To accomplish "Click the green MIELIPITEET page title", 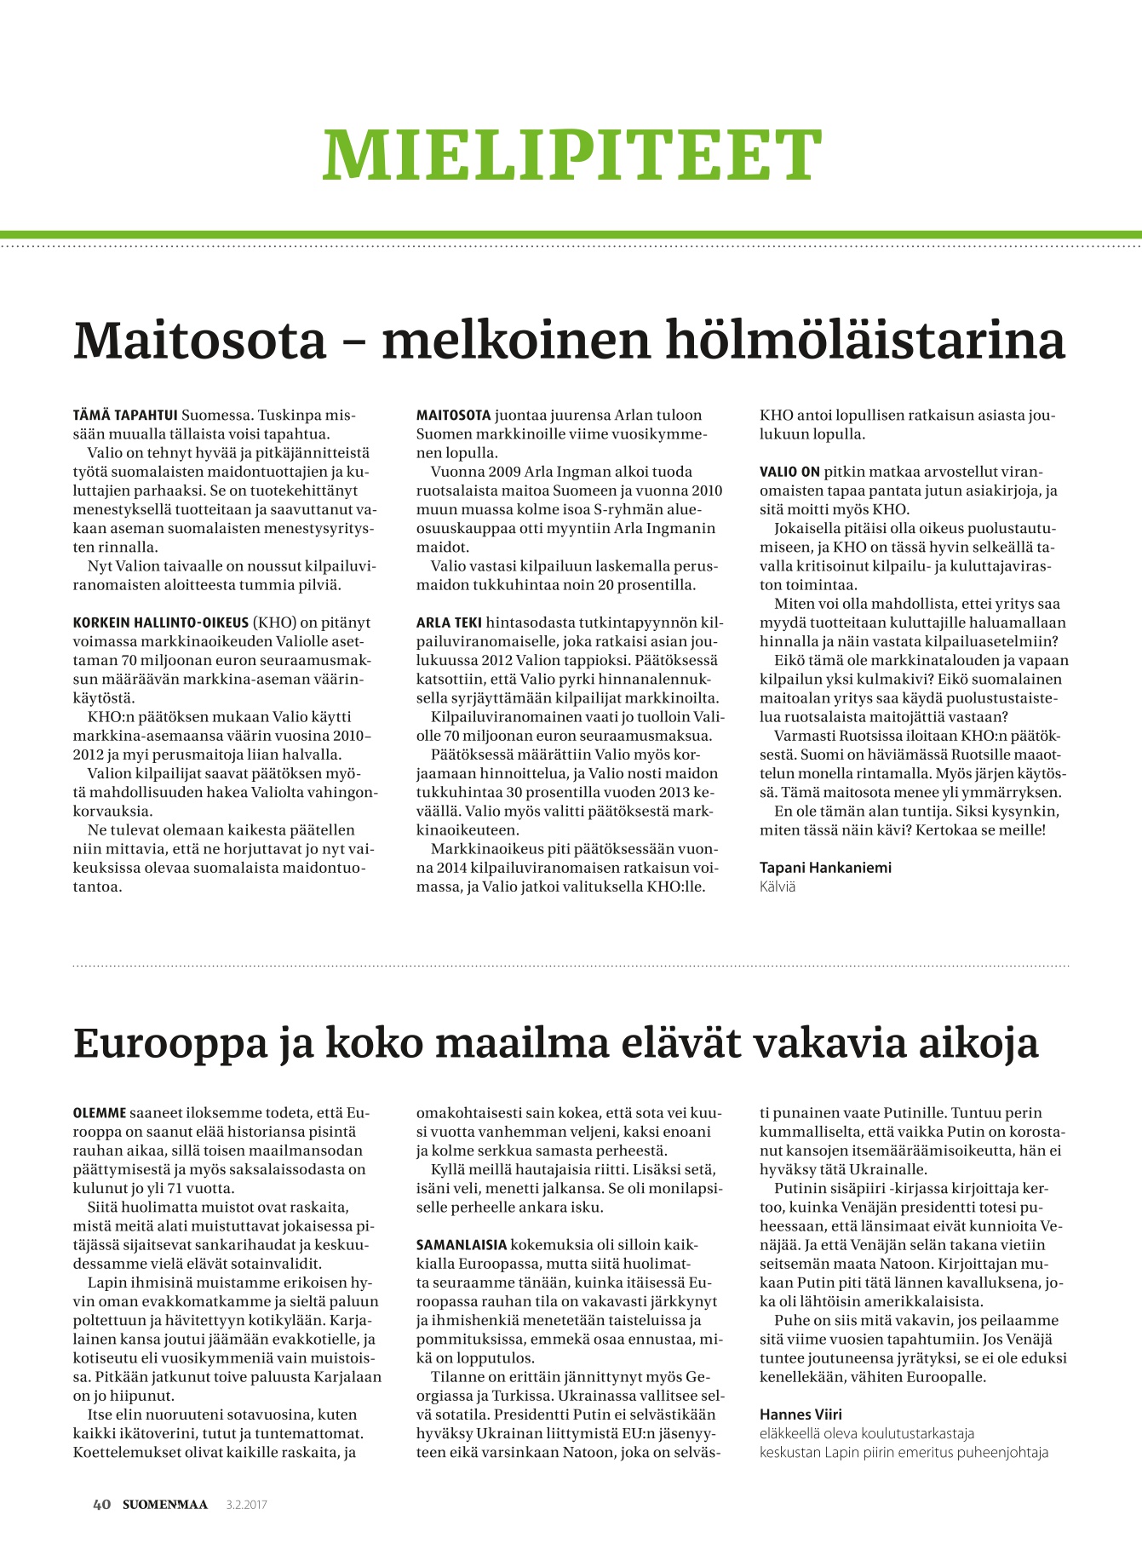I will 571,155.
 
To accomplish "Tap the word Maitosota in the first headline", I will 200,341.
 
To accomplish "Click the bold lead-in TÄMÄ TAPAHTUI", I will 125,416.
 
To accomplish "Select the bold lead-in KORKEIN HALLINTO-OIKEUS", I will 161,623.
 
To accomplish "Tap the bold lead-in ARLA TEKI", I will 449,623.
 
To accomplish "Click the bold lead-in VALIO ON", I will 789,472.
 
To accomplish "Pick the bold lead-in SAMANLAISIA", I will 462,1244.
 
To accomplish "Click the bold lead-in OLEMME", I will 100,1113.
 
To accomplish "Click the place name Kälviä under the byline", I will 778,887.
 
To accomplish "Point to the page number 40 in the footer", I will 101,1505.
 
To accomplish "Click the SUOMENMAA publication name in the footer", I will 164,1505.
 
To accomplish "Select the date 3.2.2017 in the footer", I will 247,1505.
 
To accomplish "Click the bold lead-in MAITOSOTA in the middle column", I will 454,416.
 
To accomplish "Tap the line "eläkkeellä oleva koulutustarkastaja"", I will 867,1433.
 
